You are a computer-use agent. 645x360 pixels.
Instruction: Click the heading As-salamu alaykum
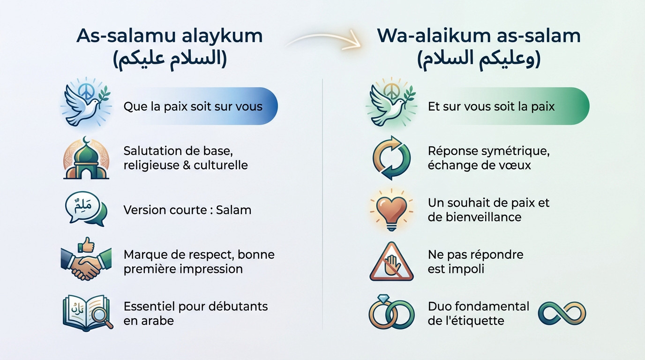pos(169,36)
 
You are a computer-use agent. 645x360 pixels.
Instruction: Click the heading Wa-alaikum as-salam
pos(479,36)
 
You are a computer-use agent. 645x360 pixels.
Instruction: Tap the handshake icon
pos(86,265)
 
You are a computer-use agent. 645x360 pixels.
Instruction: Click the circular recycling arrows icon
pos(391,158)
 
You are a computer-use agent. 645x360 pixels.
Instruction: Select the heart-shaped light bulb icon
pos(391,210)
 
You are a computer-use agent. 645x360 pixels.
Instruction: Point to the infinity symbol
pos(562,314)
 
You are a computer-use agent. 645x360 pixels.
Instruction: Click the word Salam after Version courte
pos(233,210)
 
